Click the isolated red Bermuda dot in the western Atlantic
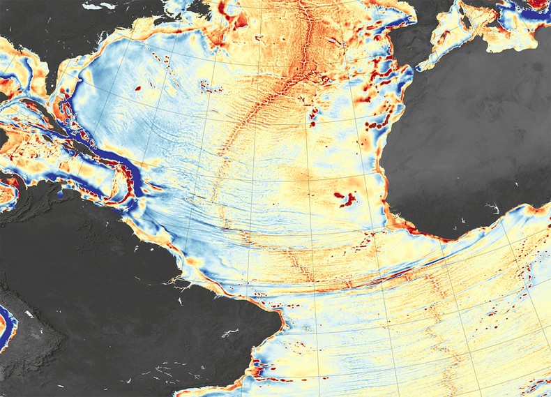[137, 89]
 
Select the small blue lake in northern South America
[61, 196]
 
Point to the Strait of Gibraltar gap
[417, 68]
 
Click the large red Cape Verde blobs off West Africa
[345, 199]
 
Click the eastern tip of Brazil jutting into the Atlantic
[283, 323]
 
